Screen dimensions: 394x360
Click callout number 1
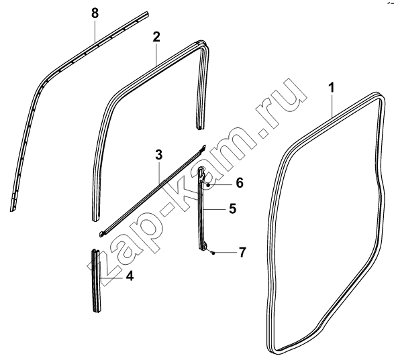(332, 88)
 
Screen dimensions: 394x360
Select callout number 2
(156, 37)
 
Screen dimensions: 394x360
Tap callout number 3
(159, 155)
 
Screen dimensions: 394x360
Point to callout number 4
(130, 276)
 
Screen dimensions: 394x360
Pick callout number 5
(233, 208)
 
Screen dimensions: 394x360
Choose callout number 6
(240, 182)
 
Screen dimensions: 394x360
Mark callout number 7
(242, 252)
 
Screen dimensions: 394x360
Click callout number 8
(95, 13)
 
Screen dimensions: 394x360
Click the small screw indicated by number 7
(213, 253)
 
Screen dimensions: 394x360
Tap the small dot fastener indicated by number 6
(208, 185)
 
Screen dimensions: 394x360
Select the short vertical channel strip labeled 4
(96, 281)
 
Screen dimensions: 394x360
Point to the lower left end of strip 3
(102, 234)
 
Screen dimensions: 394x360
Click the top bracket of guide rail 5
(202, 174)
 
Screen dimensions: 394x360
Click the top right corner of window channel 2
(202, 43)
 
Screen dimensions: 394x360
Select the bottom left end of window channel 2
(96, 219)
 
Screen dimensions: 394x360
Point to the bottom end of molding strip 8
(13, 208)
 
